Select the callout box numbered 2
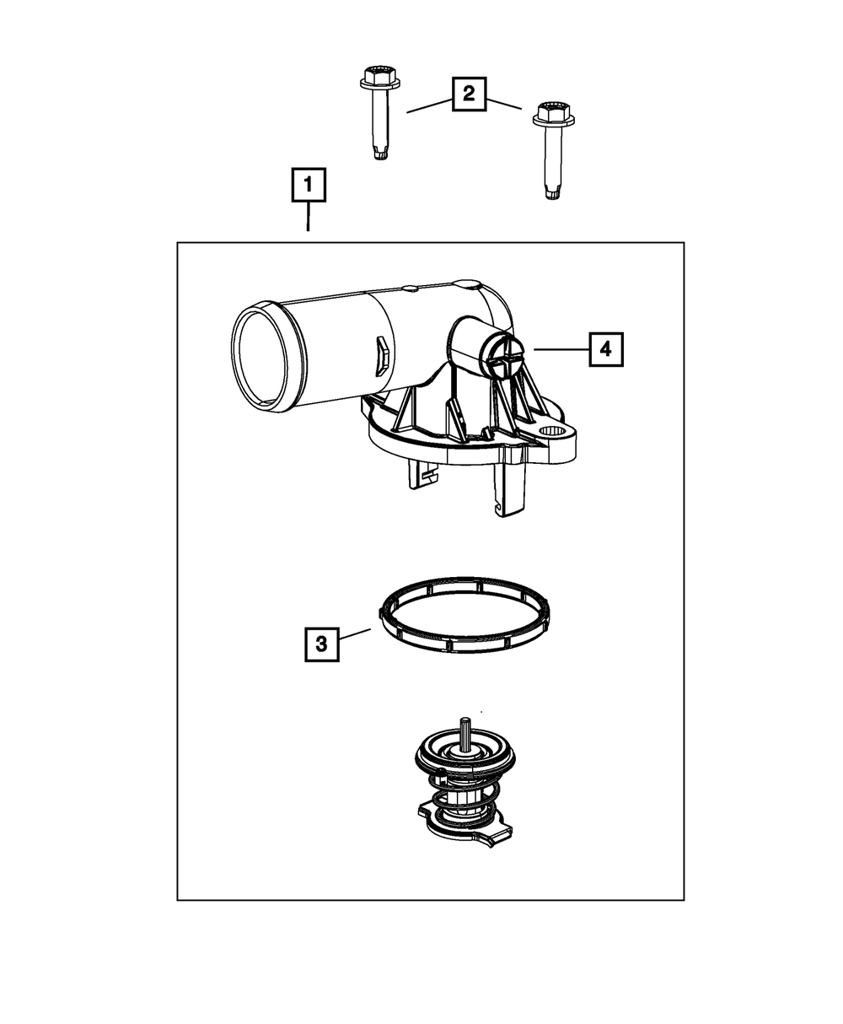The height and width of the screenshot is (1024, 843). [x=469, y=94]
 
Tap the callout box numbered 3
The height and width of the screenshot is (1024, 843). [x=321, y=644]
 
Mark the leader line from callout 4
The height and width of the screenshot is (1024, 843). [x=561, y=348]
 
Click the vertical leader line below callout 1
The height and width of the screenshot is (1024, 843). [x=309, y=218]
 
